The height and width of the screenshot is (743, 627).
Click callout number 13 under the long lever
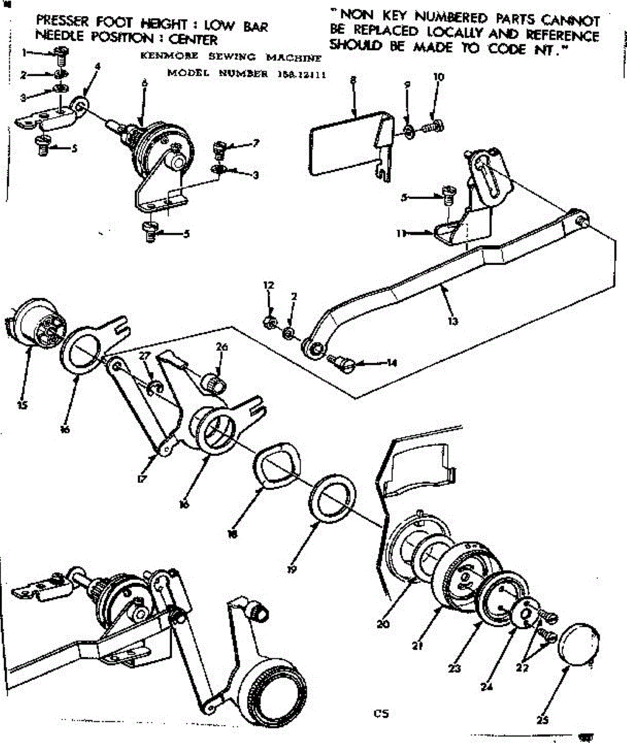pos(453,321)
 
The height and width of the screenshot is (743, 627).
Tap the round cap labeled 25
pos(579,646)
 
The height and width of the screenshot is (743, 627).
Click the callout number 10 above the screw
pos(439,77)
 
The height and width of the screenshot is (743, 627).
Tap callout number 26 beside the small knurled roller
pos(222,347)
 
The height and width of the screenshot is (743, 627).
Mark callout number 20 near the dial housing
pos(383,624)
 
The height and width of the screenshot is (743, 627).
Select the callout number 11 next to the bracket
pos(400,233)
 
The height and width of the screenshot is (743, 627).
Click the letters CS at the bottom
pos(381,713)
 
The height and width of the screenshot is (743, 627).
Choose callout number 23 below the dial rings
pos(455,668)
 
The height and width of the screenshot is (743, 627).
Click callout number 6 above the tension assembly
pos(145,82)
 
